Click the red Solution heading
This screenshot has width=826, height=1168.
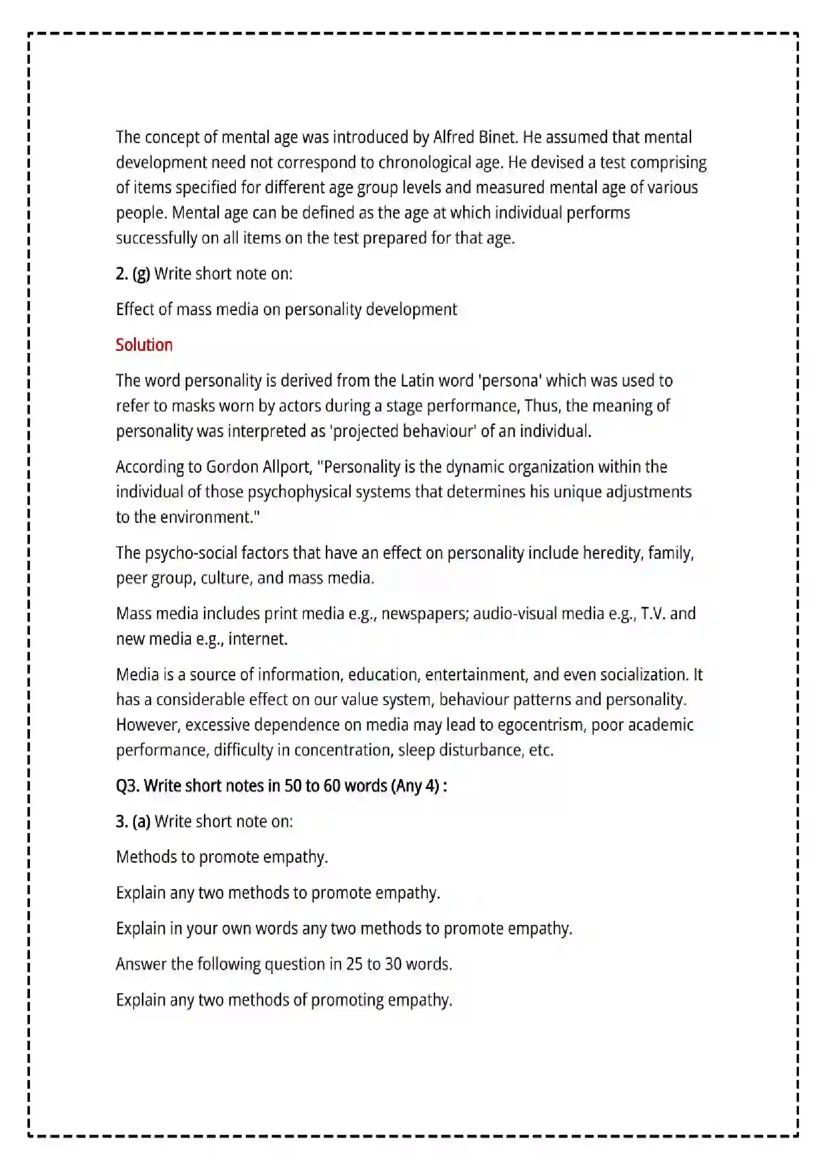tap(144, 345)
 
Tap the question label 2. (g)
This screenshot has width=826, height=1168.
tap(133, 274)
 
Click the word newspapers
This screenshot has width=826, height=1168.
tap(424, 614)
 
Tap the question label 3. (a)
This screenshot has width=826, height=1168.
tap(133, 821)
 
